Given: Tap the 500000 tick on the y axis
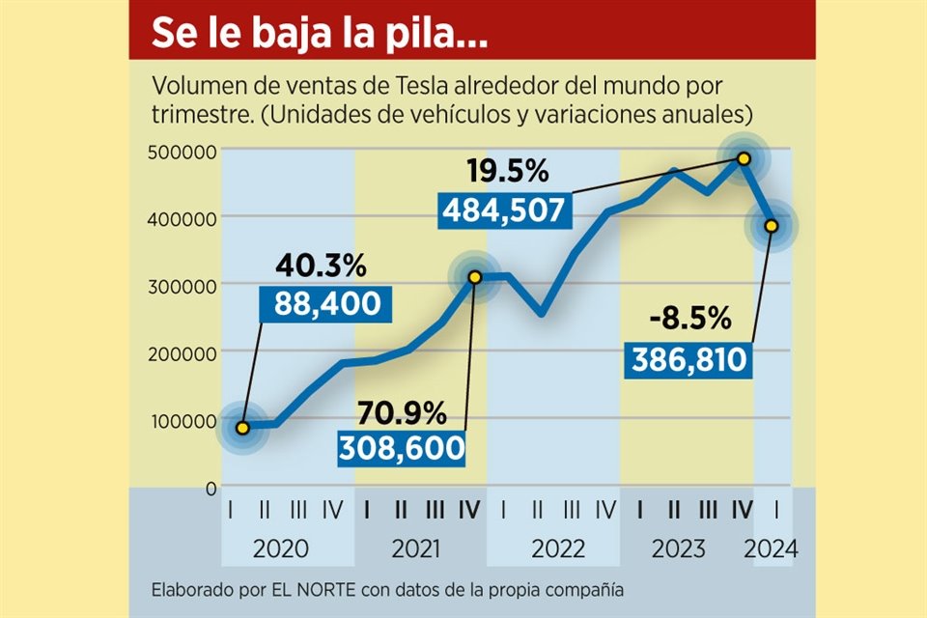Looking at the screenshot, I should point(183,150).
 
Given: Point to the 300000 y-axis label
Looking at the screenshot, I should point(183,285).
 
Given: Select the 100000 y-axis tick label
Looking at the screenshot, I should point(183,420).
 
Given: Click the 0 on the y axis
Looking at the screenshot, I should point(210,488).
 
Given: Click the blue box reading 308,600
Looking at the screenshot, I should point(401,448).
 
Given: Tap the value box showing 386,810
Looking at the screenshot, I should point(690,360).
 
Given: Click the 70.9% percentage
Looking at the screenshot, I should point(403,413).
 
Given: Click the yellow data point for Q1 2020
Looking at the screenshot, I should point(243,428).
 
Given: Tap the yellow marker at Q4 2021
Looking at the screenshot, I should point(474,277).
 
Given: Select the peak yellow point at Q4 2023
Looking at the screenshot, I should point(744,157).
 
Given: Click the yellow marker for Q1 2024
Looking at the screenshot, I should point(771,226).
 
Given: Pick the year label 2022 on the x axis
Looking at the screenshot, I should point(557,549).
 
